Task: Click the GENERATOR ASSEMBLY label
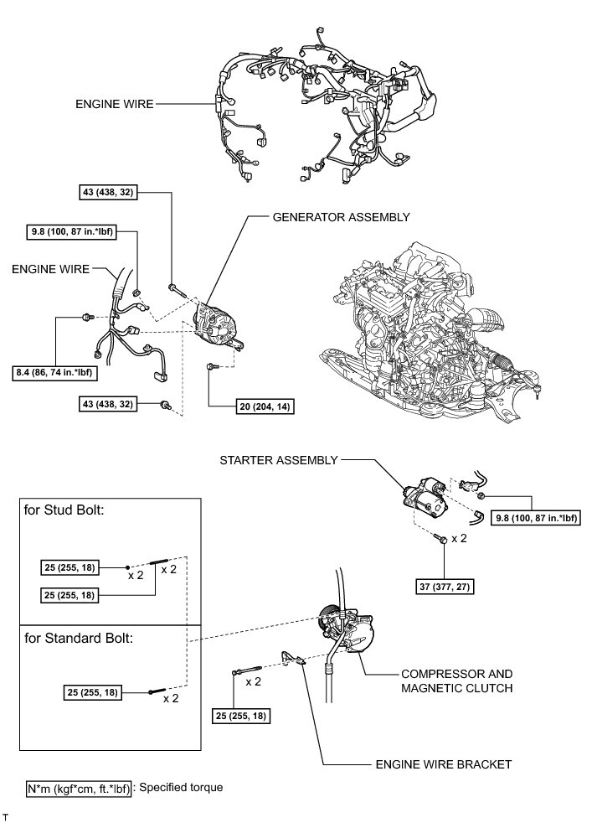[x=341, y=216]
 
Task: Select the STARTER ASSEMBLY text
[x=279, y=460]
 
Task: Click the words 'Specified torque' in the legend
[x=182, y=788]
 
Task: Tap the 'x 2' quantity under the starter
[x=459, y=539]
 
